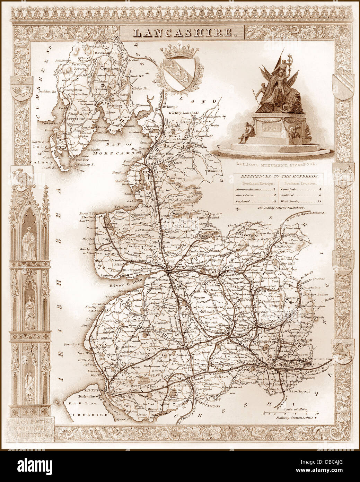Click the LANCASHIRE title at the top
click(182, 33)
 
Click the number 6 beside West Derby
click(320, 201)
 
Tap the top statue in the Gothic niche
click(29, 242)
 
